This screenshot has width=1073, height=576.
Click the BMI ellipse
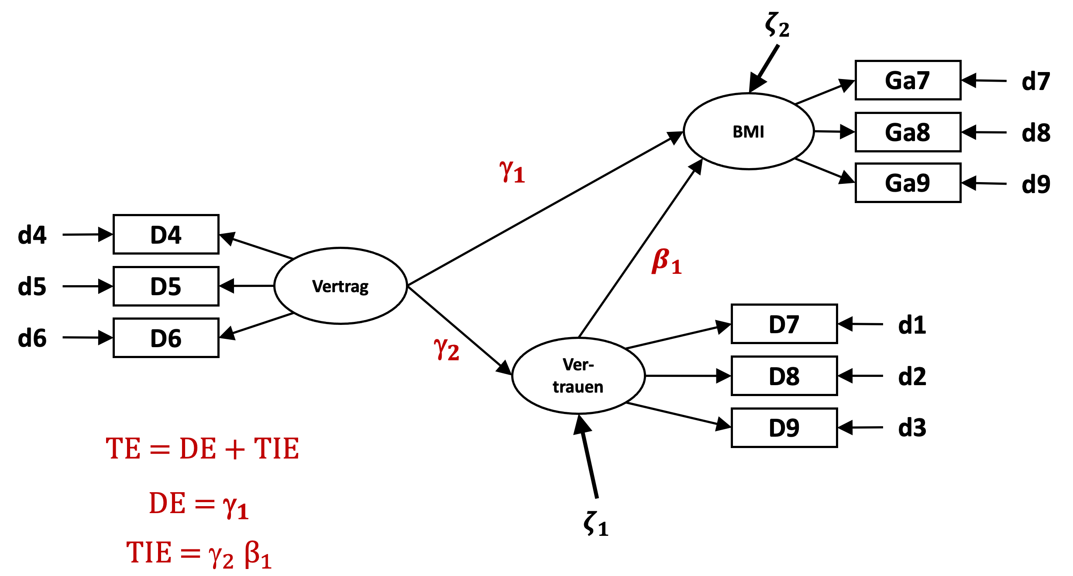(x=749, y=131)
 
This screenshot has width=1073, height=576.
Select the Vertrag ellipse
(x=340, y=286)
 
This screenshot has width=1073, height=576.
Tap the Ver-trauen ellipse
(x=578, y=376)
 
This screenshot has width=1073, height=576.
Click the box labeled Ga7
(x=908, y=80)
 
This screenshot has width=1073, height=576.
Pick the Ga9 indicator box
(x=908, y=183)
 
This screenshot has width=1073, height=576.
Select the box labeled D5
(x=166, y=286)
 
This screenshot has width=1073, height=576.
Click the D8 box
(x=784, y=376)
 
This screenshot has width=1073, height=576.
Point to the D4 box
(x=166, y=235)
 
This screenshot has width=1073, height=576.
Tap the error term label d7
(x=1035, y=81)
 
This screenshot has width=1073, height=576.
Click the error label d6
(x=32, y=338)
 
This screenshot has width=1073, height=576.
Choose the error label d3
(x=912, y=428)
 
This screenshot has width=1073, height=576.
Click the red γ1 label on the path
(x=512, y=171)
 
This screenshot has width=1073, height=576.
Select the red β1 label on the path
(x=666, y=261)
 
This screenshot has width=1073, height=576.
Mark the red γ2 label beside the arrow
(x=446, y=349)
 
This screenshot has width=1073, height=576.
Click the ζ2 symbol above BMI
(x=777, y=25)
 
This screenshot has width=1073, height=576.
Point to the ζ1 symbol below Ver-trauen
(x=595, y=524)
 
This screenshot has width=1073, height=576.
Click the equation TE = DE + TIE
(x=202, y=449)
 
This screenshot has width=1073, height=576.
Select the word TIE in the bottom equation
(x=149, y=553)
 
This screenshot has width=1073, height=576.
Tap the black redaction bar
(x=261, y=16)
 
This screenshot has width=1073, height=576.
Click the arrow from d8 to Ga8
(x=984, y=132)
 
